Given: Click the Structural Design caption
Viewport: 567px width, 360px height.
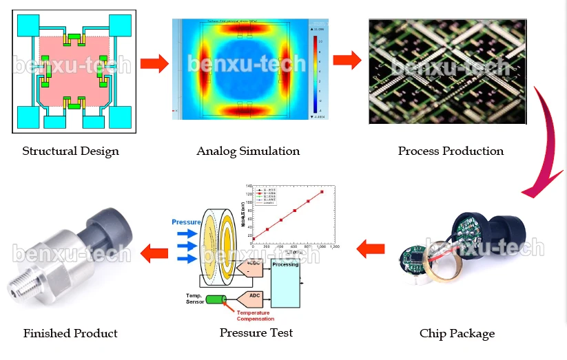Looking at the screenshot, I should pyautogui.click(x=70, y=151).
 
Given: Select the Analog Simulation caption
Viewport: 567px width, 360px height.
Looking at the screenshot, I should pyautogui.click(x=248, y=151).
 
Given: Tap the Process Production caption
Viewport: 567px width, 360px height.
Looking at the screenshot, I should pyautogui.click(x=451, y=151).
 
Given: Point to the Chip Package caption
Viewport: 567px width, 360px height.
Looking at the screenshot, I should pyautogui.click(x=457, y=334).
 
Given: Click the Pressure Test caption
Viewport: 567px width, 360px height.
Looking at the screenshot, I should pyautogui.click(x=256, y=333).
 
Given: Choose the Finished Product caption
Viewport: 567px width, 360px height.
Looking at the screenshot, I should pyautogui.click(x=70, y=334).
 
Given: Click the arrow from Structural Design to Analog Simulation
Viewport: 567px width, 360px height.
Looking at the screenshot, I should pyautogui.click(x=154, y=64).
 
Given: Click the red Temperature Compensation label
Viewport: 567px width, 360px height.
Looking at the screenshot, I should pyautogui.click(x=255, y=316).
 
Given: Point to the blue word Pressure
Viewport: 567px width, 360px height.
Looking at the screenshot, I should pyautogui.click(x=186, y=222).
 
